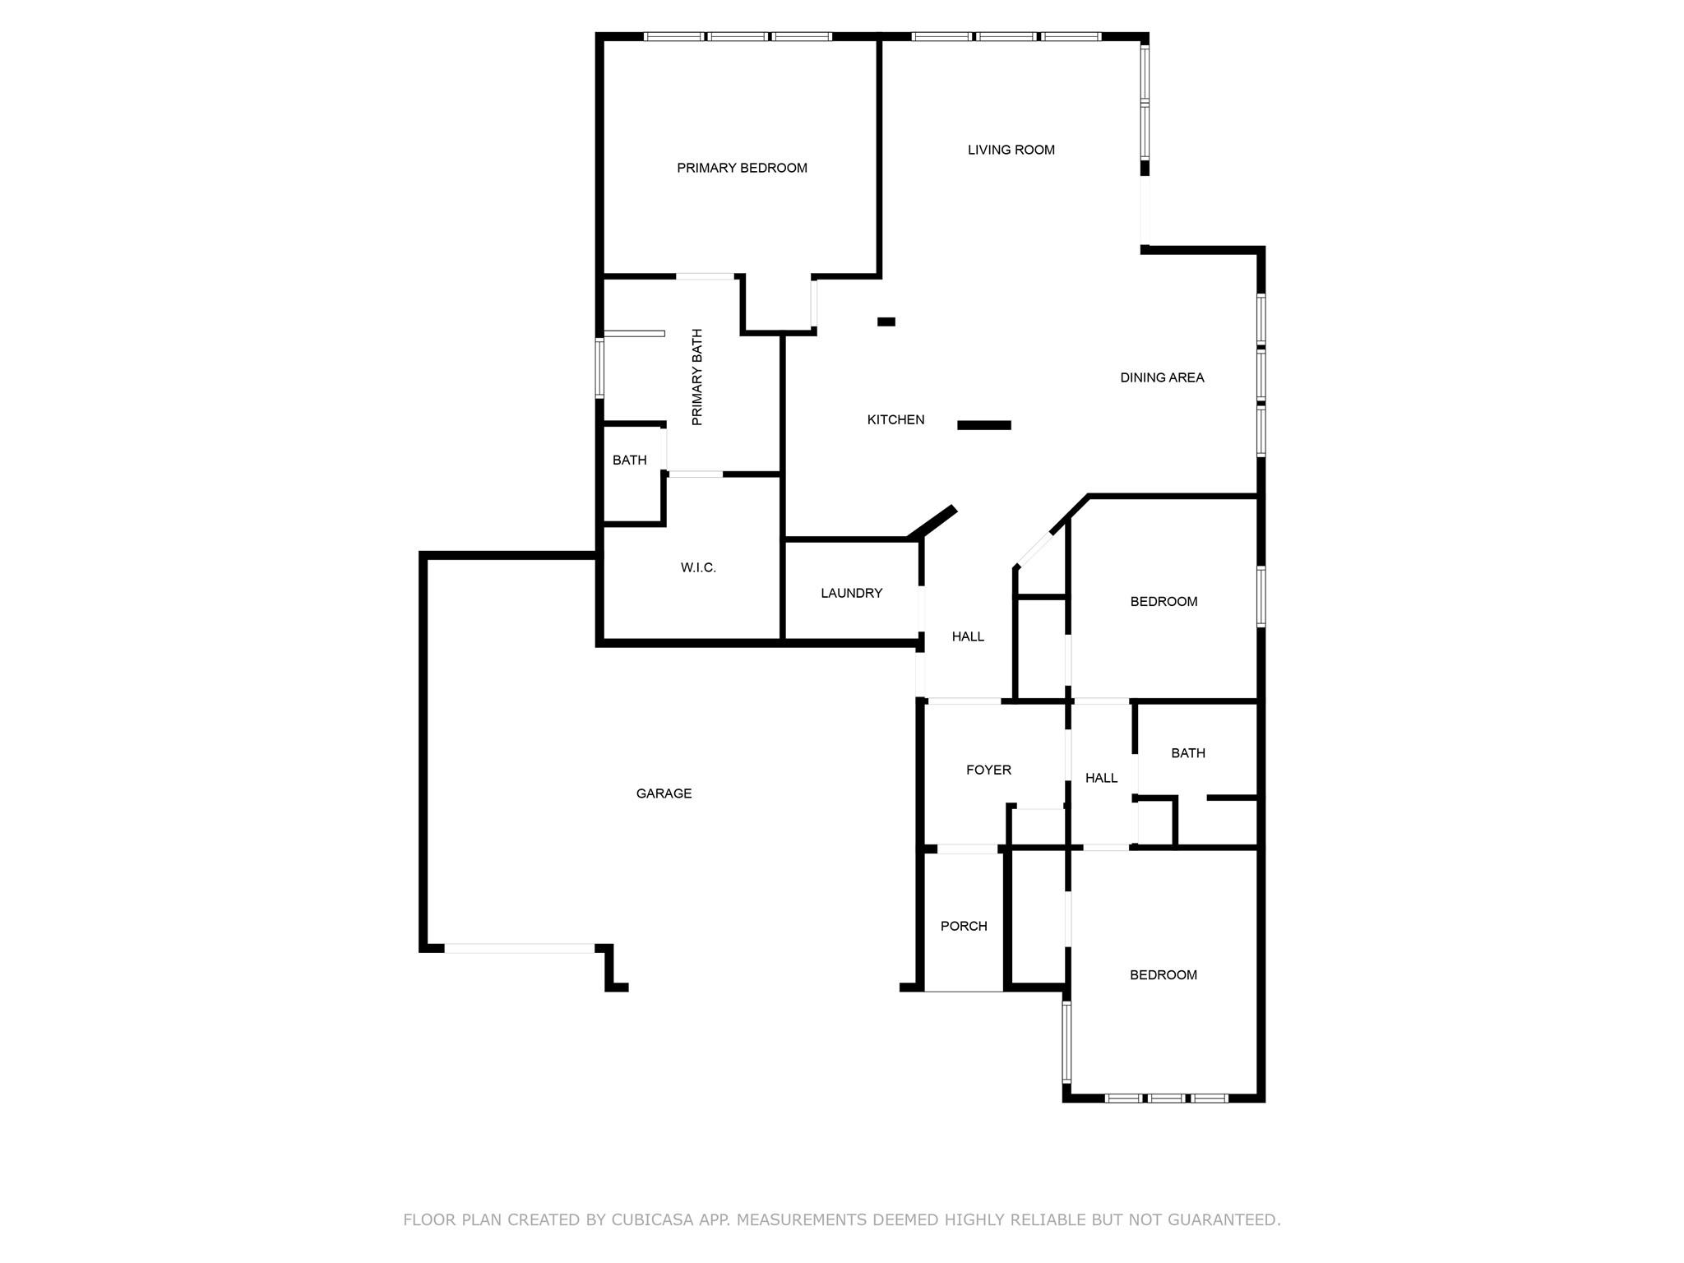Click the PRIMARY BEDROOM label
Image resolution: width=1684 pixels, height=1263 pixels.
(742, 168)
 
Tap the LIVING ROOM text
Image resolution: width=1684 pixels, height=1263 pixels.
(1011, 150)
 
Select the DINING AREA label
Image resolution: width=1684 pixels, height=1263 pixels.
(1162, 377)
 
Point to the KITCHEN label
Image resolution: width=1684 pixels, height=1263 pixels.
(895, 419)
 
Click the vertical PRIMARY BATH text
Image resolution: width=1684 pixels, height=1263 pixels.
(697, 377)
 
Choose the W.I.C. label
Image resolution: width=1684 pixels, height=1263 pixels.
(698, 567)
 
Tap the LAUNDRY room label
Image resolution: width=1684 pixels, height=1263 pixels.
(851, 593)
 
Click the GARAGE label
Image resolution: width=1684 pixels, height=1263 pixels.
(664, 793)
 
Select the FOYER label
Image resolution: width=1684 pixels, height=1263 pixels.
(988, 770)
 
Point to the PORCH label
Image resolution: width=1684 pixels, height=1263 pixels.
(964, 926)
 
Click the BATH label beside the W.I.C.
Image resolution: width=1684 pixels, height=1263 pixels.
(629, 460)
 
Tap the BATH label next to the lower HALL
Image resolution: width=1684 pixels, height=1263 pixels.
(1187, 752)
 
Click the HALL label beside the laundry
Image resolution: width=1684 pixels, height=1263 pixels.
(968, 636)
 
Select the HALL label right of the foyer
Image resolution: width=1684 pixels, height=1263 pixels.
(1101, 778)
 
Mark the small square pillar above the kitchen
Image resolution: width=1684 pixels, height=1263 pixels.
(886, 322)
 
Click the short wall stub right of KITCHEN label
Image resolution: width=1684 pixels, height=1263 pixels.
(983, 425)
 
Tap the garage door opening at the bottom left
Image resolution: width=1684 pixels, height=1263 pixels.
(519, 948)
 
